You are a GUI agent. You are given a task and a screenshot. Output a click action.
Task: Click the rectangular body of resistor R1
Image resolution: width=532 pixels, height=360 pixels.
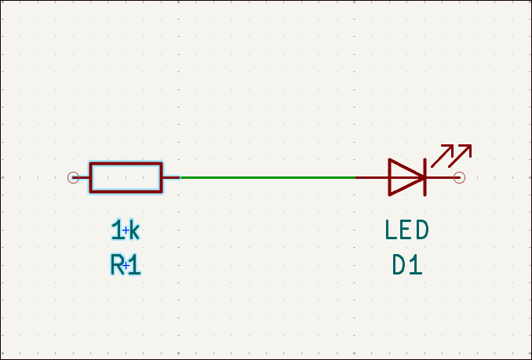click(126, 177)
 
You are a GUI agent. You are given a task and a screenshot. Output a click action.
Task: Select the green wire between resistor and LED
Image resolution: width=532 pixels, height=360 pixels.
click(267, 177)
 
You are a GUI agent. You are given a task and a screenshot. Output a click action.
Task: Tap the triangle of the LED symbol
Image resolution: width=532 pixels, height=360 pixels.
click(404, 177)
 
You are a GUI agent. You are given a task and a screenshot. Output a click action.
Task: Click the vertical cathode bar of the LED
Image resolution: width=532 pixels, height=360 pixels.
click(425, 177)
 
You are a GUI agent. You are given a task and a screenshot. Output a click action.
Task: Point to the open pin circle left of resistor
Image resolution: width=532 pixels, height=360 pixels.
click(73, 177)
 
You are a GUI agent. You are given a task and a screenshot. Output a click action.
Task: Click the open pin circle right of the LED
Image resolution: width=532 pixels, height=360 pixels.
click(460, 177)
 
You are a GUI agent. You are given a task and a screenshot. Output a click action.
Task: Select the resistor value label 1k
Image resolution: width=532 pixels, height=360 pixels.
click(126, 231)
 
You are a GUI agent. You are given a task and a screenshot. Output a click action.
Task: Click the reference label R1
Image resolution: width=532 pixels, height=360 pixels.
click(126, 266)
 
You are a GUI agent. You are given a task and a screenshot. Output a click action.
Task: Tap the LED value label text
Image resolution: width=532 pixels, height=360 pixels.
click(407, 231)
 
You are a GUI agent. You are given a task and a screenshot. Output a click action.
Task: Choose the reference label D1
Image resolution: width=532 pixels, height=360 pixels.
click(407, 266)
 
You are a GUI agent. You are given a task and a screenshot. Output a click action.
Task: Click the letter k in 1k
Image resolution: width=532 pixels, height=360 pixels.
click(133, 231)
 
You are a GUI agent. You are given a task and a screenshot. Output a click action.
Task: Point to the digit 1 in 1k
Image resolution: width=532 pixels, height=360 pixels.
click(118, 231)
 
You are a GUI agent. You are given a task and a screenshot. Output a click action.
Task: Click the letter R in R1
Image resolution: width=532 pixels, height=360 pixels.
click(118, 266)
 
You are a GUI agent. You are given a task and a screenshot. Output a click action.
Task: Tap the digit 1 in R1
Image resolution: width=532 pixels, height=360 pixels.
click(134, 266)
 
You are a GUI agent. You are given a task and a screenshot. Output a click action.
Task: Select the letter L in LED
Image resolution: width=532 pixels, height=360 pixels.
click(391, 231)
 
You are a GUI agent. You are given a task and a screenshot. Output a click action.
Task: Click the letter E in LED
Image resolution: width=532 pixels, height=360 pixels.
click(406, 231)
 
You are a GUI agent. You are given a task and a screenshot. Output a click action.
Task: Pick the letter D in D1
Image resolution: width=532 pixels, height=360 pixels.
click(399, 266)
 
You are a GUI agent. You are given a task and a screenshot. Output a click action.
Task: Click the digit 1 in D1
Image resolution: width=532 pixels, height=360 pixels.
click(416, 266)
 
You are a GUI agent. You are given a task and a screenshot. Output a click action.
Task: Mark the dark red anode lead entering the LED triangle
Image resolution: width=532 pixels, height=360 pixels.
click(372, 177)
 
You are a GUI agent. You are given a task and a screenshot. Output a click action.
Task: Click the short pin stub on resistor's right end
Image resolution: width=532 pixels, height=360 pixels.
click(171, 177)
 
